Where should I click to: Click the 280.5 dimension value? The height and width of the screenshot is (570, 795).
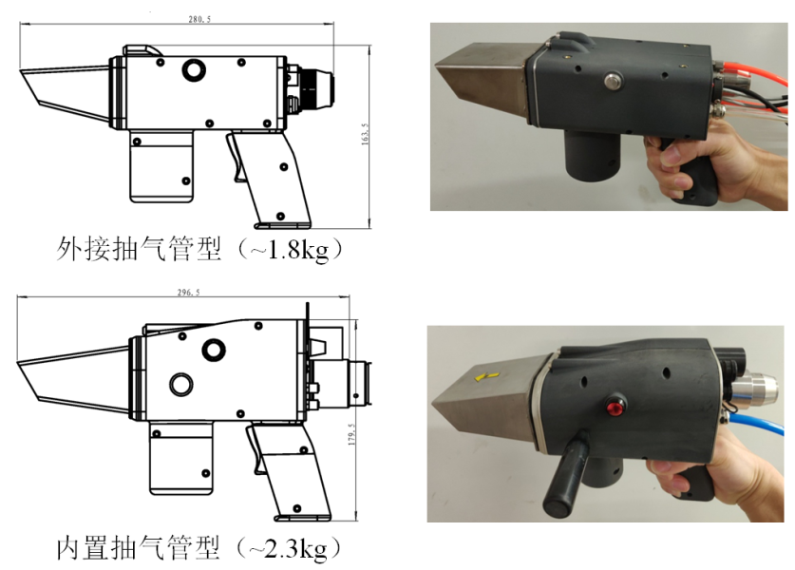tap(199, 19)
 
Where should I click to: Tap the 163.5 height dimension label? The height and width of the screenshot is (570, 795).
tap(365, 134)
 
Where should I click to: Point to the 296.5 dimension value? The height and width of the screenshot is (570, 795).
tap(188, 293)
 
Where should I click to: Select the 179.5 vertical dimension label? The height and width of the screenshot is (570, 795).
tap(351, 434)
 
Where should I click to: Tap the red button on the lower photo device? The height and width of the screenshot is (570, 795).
tap(615, 407)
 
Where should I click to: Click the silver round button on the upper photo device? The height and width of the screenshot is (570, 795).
tap(613, 81)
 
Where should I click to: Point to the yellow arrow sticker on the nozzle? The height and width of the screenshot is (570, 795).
tap(486, 376)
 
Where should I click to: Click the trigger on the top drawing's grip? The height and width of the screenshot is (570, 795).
tap(237, 157)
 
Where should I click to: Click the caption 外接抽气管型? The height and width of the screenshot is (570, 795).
tap(139, 249)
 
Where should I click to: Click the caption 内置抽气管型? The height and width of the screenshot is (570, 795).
tap(139, 548)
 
